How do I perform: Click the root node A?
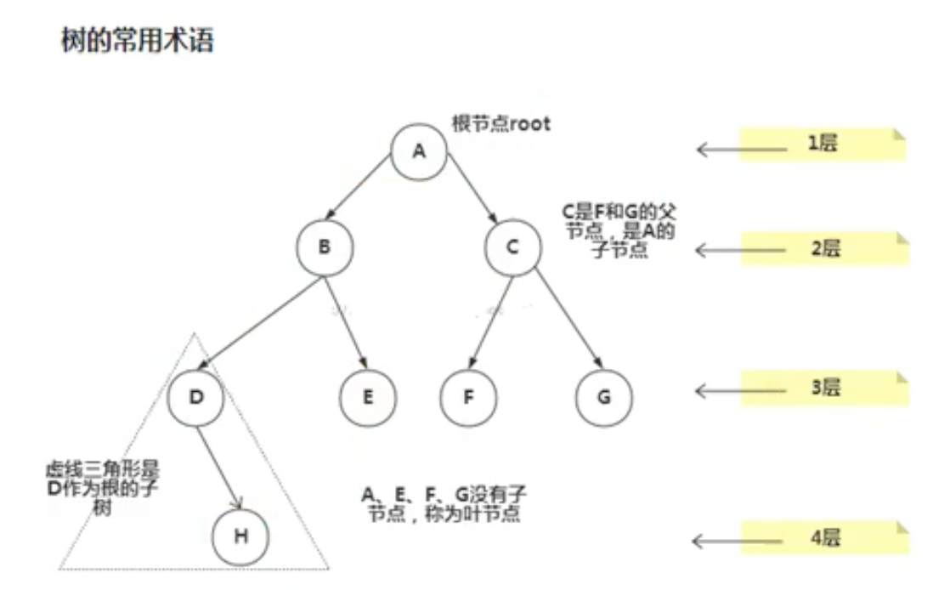[x=418, y=151]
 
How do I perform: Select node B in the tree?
[x=324, y=247]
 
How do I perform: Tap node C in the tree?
[x=512, y=247]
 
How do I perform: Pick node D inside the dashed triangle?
[x=195, y=397]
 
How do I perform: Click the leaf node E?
[x=367, y=397]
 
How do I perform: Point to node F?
[x=468, y=397]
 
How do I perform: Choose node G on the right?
[x=604, y=397]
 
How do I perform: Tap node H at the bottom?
[x=240, y=537]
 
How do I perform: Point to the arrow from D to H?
[x=219, y=466]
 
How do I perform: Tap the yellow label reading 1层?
[x=822, y=143]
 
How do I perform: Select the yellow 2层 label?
[x=822, y=248]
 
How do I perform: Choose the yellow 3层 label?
[x=822, y=388]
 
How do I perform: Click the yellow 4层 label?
[x=822, y=537]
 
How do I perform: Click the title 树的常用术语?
[x=137, y=41]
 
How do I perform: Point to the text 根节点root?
[x=500, y=124]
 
